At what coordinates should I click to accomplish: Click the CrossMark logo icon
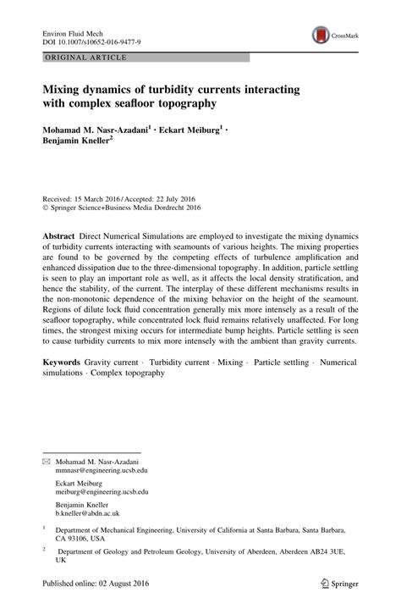click(x=322, y=36)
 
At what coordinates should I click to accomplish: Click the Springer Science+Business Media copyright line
click(x=127, y=204)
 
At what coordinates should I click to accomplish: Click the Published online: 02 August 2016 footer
click(x=102, y=583)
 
